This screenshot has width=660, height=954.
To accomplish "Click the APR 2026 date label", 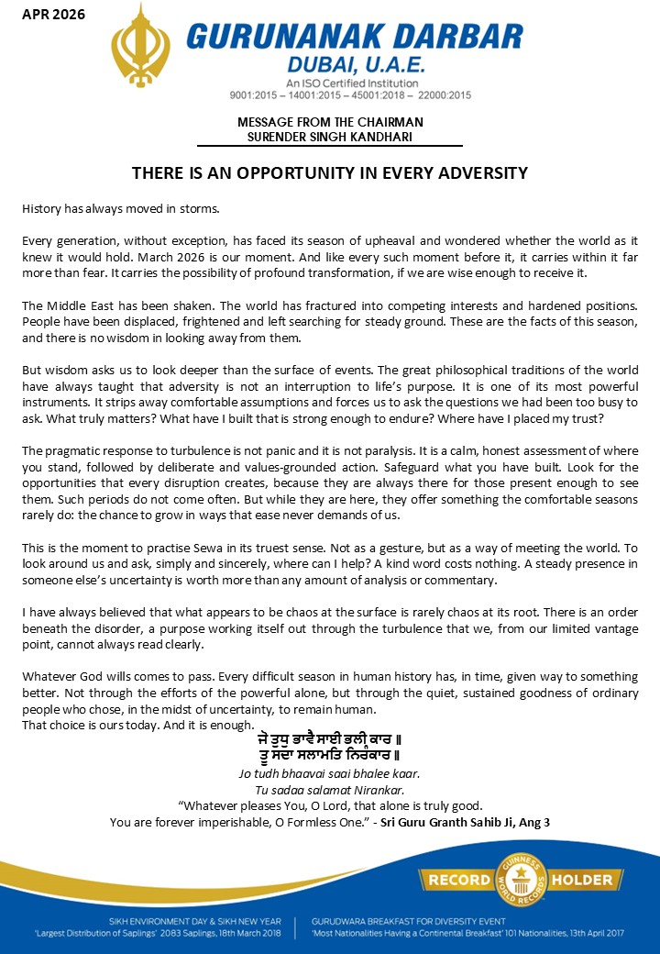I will tap(54, 15).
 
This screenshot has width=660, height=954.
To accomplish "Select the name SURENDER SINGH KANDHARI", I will tap(330, 137).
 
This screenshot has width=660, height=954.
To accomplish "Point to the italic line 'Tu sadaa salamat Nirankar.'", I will tap(330, 790).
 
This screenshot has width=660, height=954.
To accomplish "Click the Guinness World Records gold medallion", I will tap(522, 880).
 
